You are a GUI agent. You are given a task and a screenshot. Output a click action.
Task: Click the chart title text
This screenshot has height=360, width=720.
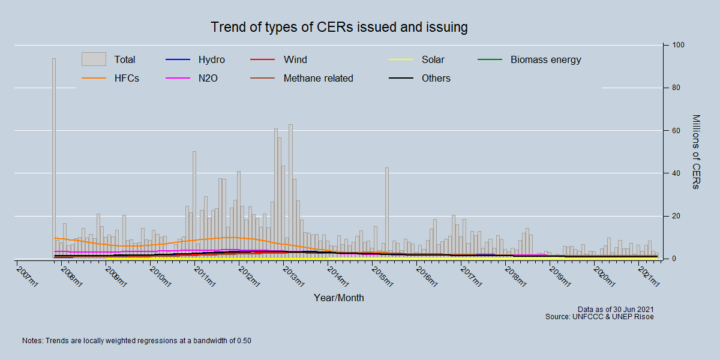coord(339,28)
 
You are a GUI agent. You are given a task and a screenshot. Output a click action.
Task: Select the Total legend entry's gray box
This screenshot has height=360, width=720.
coord(94,59)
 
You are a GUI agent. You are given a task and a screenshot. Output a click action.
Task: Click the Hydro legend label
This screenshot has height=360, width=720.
coord(211,59)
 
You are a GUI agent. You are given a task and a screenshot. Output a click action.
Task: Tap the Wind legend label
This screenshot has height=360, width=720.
coord(295,59)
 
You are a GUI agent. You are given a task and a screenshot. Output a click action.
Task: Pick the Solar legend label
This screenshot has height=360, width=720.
coord(433,59)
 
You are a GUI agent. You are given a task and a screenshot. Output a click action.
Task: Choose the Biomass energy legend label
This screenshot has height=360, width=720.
coord(545,59)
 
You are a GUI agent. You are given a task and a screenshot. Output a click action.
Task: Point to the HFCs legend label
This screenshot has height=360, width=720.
coord(127,78)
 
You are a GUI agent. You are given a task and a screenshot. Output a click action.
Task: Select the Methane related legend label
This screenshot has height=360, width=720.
coord(318,78)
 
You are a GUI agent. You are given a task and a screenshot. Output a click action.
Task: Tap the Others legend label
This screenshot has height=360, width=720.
coord(436,78)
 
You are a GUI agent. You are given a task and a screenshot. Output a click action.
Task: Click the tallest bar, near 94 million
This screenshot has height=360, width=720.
coord(54,156)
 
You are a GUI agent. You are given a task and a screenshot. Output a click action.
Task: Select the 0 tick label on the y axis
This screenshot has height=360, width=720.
coord(674,259)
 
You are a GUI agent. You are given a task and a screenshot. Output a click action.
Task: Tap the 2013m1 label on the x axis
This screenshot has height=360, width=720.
coord(293,277)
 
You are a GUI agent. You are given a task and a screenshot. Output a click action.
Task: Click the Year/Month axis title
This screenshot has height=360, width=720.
coord(338,298)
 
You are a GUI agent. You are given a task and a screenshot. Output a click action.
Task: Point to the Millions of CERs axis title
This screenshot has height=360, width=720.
coord(695,152)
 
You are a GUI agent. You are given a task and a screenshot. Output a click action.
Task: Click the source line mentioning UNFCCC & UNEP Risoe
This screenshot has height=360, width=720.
coord(599,316)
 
